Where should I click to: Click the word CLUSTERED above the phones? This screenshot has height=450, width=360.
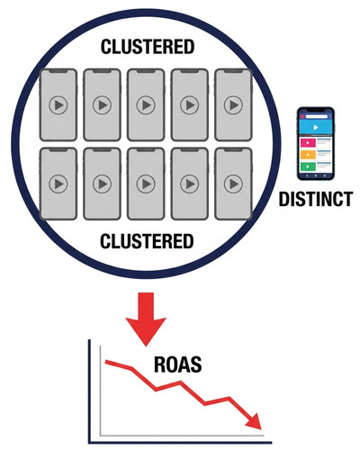point(148,47)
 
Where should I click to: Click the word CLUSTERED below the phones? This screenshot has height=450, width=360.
point(147,241)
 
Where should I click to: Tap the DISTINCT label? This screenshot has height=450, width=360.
point(316,199)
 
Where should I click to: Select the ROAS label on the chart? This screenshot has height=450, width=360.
point(177,364)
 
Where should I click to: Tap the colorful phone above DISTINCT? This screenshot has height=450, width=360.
point(316,144)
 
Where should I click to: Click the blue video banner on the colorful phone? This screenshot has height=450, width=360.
point(316,128)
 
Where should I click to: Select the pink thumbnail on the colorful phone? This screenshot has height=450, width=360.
point(308,143)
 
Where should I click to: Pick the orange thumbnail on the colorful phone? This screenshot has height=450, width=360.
point(308,155)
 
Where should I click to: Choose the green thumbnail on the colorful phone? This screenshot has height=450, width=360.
point(308,166)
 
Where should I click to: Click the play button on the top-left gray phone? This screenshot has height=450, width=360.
point(58,105)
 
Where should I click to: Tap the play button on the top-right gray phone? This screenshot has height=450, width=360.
point(233,105)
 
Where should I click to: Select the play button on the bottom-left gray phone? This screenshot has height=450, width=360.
point(58,184)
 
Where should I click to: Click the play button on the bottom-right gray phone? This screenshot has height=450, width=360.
point(233,184)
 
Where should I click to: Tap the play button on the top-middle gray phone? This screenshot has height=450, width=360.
point(146,105)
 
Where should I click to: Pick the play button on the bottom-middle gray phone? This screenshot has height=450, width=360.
point(146,184)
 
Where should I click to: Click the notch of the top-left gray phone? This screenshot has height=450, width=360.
point(58,71)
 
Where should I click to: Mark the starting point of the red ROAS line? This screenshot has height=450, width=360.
point(105,362)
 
